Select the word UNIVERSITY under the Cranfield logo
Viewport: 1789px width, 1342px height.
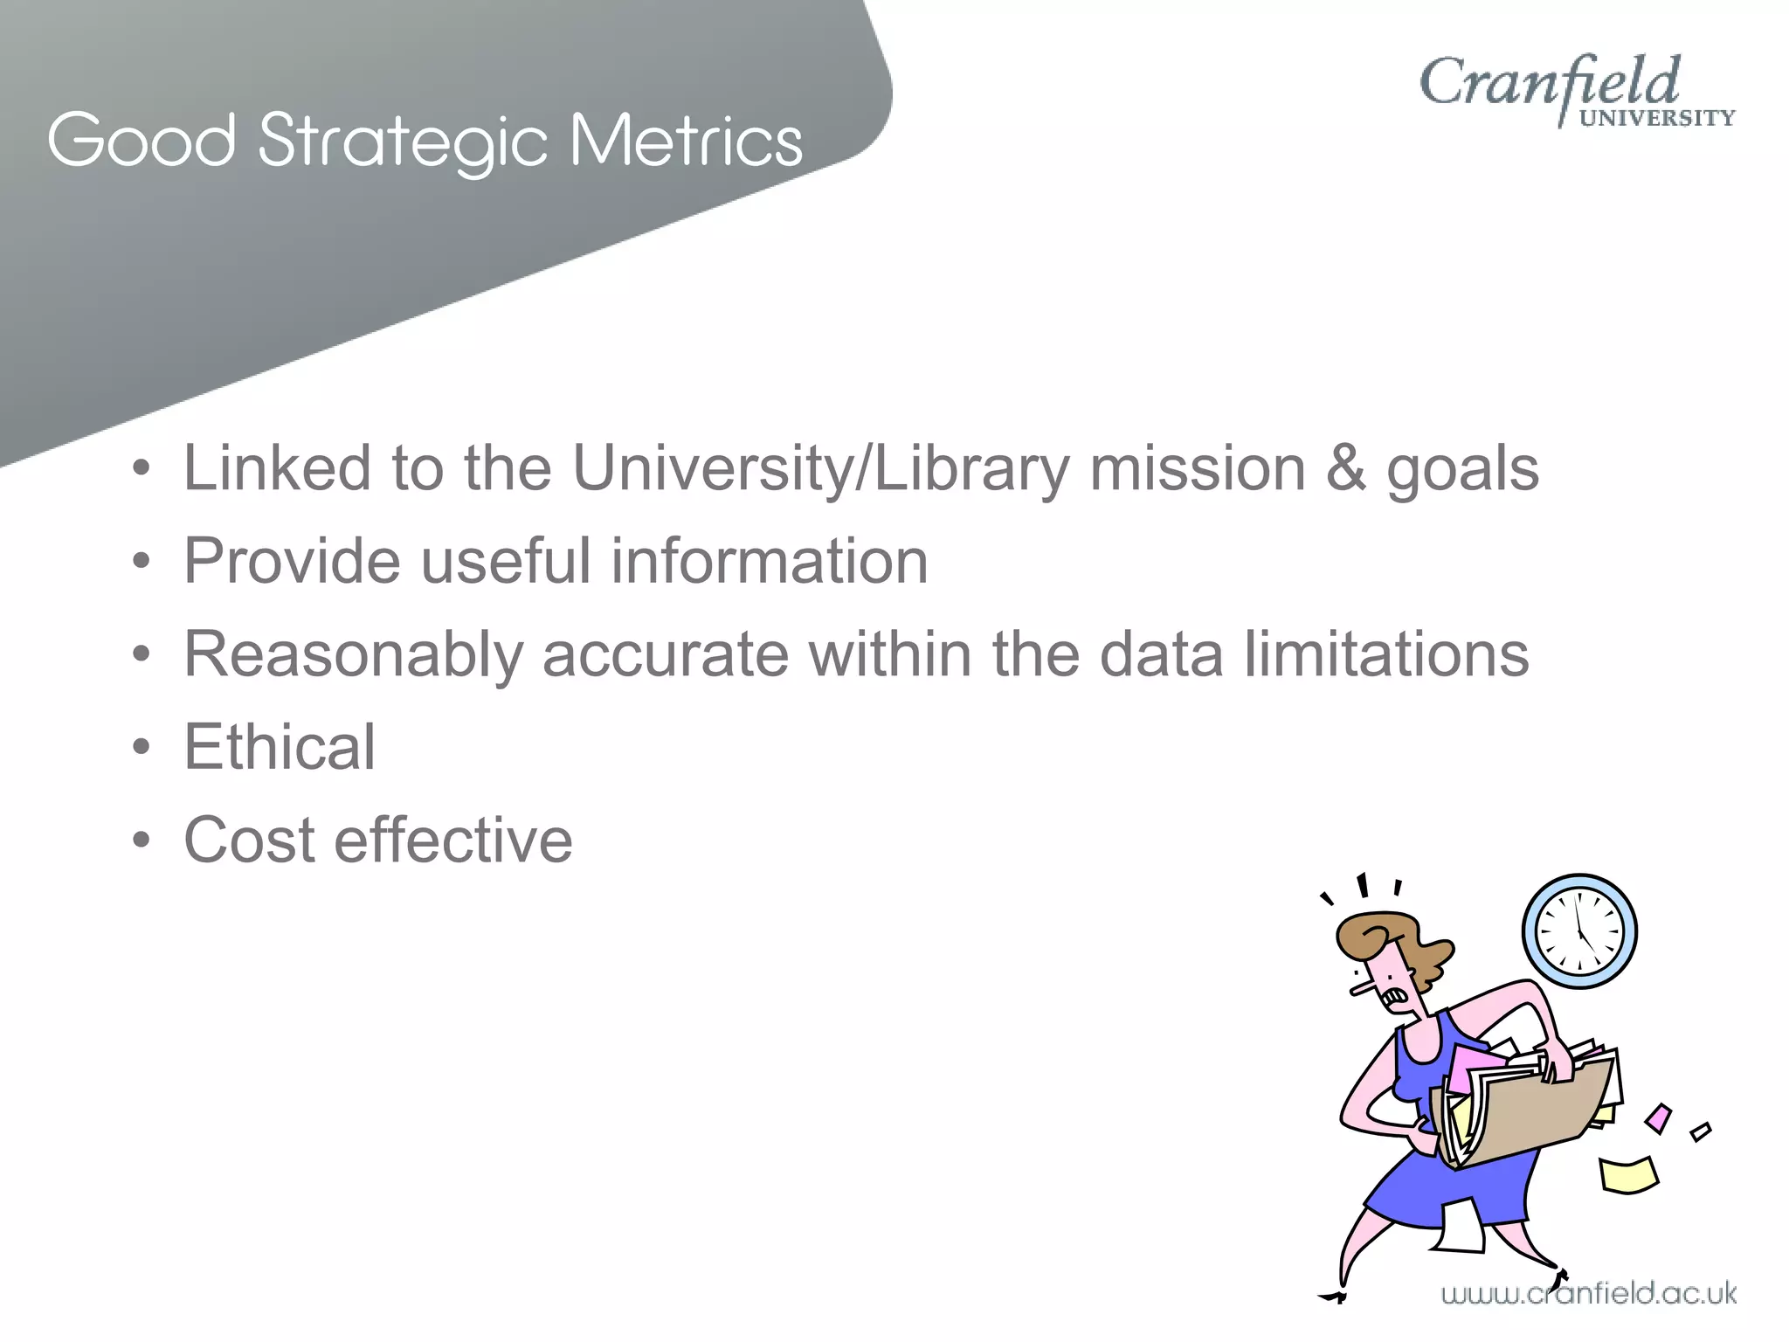[1656, 119]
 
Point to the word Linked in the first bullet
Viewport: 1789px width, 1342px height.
[277, 469]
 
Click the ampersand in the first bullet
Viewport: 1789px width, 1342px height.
[1345, 469]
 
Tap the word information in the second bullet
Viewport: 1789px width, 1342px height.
[769, 561]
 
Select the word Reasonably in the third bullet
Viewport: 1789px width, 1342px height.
[353, 655]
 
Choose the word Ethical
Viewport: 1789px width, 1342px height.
[280, 747]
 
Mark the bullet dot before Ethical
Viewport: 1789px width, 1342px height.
[142, 748]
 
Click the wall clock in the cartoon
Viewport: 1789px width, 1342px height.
[1579, 931]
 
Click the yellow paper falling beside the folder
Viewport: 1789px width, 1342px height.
[1627, 1174]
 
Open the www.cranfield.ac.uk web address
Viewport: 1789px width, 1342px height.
[1588, 1294]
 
